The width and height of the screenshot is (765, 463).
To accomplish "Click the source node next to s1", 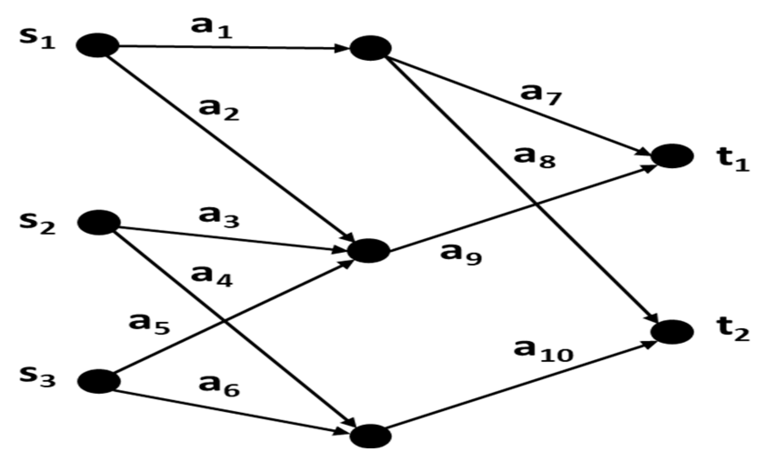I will [97, 45].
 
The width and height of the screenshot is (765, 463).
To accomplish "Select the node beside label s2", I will [99, 222].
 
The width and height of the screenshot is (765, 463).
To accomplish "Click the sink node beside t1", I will [672, 156].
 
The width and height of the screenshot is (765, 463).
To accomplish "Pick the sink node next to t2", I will [672, 332].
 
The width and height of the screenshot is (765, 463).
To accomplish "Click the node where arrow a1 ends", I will [370, 48].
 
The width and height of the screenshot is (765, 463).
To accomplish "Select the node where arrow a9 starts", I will [369, 251].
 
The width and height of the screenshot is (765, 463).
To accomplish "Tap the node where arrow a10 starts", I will [371, 436].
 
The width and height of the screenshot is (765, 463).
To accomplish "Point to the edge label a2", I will [219, 110].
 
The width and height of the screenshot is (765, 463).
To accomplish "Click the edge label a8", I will [534, 157].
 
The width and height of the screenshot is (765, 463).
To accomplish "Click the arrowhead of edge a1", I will [342, 48].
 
